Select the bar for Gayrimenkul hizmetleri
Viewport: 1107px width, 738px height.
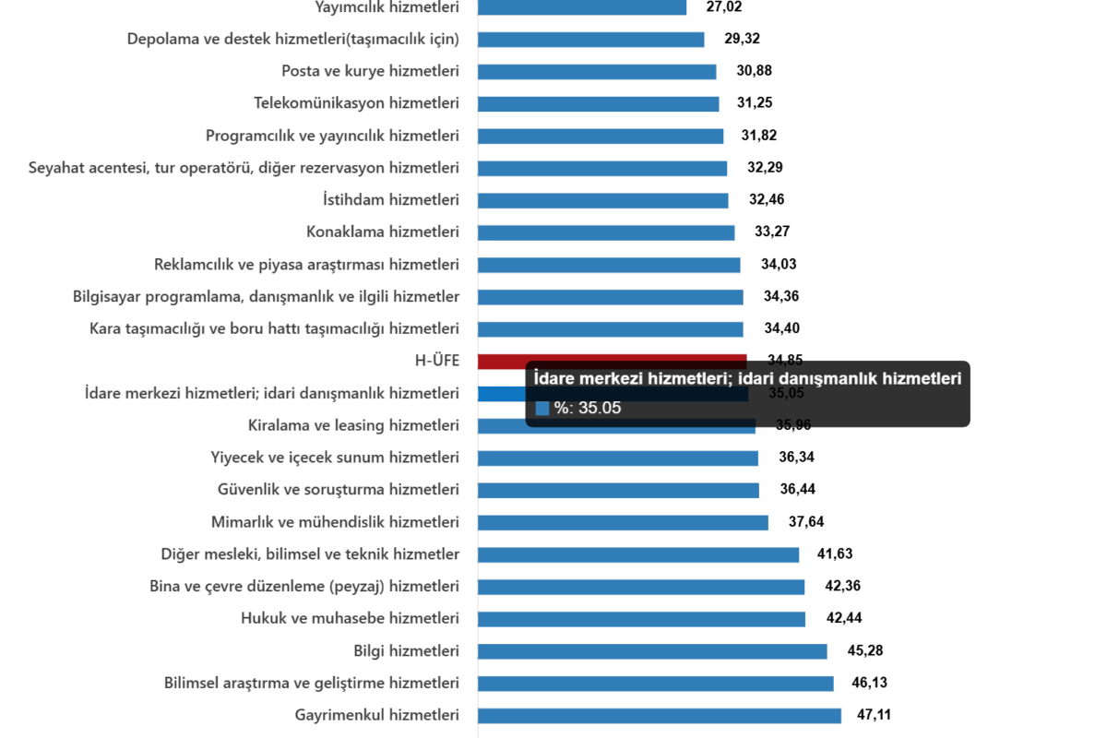(x=660, y=715)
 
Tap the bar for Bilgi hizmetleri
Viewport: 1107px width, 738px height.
(x=652, y=651)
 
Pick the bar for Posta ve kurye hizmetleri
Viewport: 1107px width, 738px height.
(x=597, y=71)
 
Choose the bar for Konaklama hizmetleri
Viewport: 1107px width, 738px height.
(x=606, y=232)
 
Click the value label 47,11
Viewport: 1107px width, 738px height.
(x=873, y=715)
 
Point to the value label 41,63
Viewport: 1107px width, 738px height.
(x=835, y=554)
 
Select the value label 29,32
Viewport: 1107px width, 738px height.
(x=742, y=39)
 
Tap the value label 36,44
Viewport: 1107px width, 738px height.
(x=797, y=490)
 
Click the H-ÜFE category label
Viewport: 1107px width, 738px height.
(x=438, y=361)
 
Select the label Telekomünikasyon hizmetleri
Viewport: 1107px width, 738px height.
(x=356, y=103)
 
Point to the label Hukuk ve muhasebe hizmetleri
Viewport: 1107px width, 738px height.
(x=350, y=618)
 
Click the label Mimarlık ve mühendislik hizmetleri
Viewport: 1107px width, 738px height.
(x=335, y=522)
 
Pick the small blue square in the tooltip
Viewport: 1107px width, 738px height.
(x=542, y=408)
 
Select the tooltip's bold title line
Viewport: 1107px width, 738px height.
(x=748, y=378)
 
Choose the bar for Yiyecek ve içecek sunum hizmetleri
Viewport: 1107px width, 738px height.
(x=618, y=458)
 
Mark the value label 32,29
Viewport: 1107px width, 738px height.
(x=765, y=168)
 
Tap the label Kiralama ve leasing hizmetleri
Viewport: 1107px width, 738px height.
(x=353, y=425)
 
